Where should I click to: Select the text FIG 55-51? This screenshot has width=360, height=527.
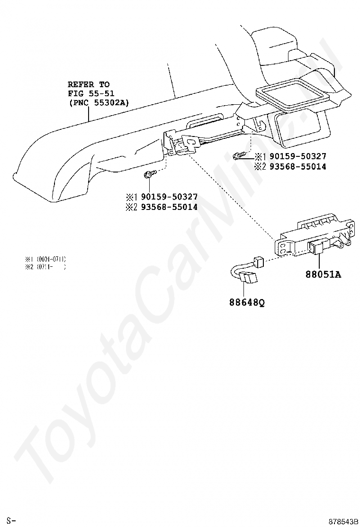pos(91,93)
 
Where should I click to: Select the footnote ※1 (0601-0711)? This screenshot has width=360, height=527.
pos(45,259)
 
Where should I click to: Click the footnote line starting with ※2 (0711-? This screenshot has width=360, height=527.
pos(45,267)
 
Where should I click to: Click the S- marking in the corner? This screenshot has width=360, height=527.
pos(11,521)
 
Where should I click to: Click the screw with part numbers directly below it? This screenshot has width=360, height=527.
pos(147,175)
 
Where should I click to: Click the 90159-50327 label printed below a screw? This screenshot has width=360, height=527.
pos(168,197)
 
